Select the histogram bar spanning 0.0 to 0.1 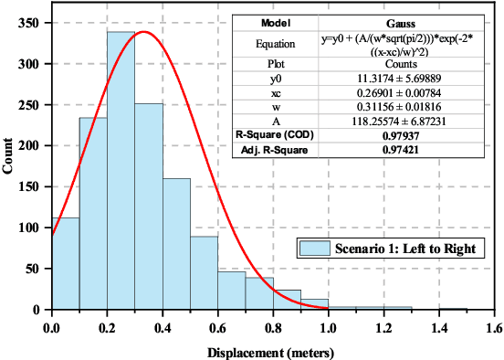pyautogui.click(x=66, y=265)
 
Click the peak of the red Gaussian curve pyautogui.click(x=143, y=32)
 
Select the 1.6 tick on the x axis pyautogui.click(x=495, y=325)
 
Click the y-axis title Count pyautogui.click(x=9, y=165)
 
